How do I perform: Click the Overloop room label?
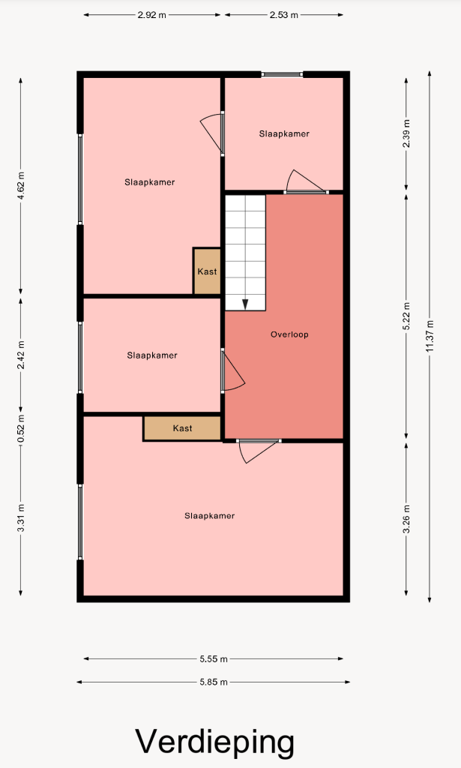[289, 334]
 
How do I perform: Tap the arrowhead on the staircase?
[245, 304]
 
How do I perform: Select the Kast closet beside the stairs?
[207, 271]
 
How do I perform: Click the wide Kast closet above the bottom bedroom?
[183, 428]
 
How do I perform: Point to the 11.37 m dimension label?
[430, 336]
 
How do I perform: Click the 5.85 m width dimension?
[214, 682]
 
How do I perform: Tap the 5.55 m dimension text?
[214, 658]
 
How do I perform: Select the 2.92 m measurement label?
[151, 15]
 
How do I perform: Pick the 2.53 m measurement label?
[284, 15]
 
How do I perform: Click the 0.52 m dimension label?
[20, 428]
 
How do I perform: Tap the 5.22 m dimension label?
[406, 316]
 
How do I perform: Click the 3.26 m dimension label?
[406, 519]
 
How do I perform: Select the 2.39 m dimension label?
[406, 133]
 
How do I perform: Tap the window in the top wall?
[282, 74]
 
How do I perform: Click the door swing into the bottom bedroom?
[259, 451]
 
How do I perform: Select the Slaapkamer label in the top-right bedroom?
[284, 133]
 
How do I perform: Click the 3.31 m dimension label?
[20, 518]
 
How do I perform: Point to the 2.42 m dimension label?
[20, 355]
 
